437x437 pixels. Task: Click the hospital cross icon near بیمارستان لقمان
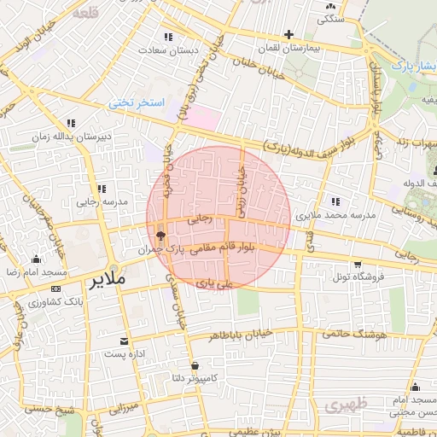click(x=289, y=35)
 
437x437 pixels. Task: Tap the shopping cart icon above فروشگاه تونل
click(x=358, y=264)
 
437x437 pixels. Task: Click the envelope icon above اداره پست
click(x=125, y=340)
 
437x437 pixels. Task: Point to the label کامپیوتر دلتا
click(x=195, y=377)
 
